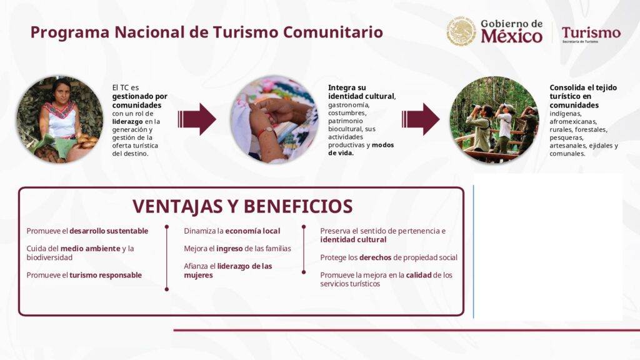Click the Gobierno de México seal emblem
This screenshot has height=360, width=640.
tap(461, 31)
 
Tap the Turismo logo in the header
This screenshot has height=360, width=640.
tap(591, 34)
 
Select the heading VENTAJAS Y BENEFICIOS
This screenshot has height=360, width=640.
tap(242, 206)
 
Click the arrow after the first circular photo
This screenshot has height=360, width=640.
tap(197, 119)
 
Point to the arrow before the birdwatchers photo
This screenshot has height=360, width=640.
tap(421, 119)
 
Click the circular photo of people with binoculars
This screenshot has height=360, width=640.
tap(494, 119)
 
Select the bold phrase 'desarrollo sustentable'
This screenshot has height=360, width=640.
tap(109, 231)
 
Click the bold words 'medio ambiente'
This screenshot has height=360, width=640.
tap(90, 249)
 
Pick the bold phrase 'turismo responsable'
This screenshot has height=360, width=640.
tap(105, 275)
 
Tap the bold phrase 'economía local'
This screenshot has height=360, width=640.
tap(252, 231)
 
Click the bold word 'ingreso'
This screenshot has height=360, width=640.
tap(230, 249)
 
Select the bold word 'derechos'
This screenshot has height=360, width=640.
tap(375, 257)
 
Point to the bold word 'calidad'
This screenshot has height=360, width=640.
tap(418, 275)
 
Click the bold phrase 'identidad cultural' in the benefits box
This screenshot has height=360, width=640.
tap(353, 239)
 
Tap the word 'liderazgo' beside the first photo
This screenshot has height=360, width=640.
tap(127, 122)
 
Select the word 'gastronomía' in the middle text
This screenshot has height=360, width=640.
tap(349, 105)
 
